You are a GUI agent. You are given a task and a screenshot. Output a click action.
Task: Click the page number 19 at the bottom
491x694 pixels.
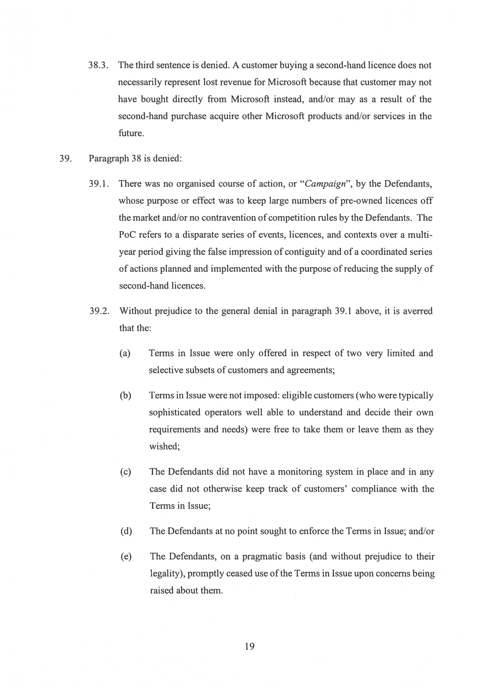point(250,646)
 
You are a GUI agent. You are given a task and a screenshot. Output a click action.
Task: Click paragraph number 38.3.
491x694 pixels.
point(98,65)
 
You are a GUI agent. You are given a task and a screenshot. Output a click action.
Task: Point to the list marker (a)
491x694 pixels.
point(125,353)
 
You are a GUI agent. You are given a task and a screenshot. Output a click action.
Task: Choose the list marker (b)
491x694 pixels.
point(125,396)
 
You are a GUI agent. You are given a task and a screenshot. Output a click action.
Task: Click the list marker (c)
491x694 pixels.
point(125,472)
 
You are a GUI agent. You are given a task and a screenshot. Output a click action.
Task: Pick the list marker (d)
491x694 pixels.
point(126,531)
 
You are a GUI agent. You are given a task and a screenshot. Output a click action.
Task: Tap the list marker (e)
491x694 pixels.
point(126,557)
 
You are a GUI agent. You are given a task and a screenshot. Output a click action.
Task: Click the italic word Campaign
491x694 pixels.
point(325,184)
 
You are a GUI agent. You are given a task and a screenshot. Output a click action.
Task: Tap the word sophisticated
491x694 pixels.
point(175,413)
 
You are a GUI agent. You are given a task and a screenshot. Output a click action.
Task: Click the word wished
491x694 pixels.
point(164,447)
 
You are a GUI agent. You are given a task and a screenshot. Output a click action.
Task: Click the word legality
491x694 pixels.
point(167,574)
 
